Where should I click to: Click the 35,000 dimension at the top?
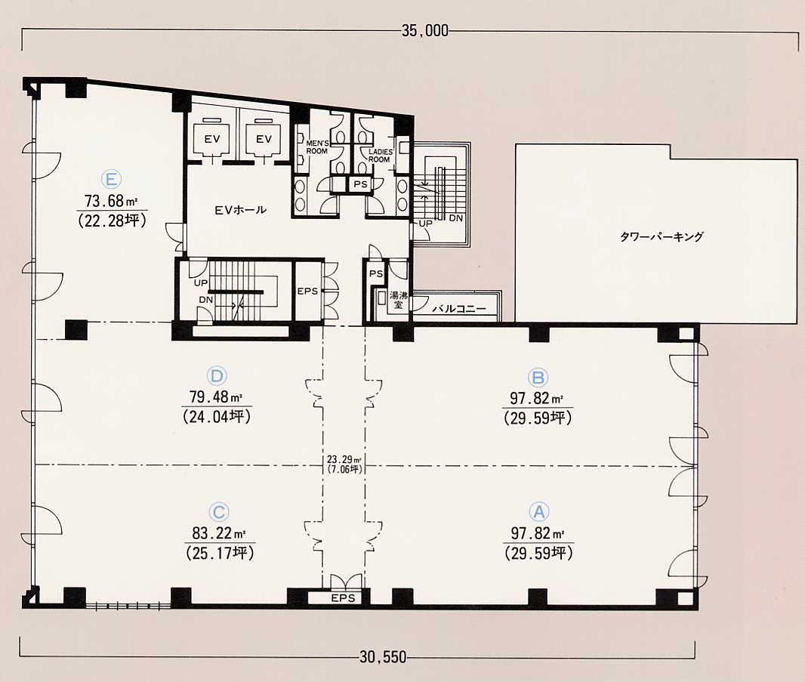[x=424, y=31]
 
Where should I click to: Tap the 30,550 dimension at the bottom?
[x=383, y=657]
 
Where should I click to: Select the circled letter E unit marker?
[x=112, y=180]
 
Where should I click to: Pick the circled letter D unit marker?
[x=217, y=376]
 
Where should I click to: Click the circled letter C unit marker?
[x=219, y=513]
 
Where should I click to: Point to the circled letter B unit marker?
[x=538, y=378]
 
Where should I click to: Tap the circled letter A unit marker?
[x=539, y=512]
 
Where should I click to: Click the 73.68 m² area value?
[x=111, y=200]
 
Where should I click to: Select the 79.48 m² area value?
[x=216, y=397]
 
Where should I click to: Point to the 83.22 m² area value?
[x=220, y=533]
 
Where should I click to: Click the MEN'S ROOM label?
[x=316, y=147]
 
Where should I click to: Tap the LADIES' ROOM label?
[x=381, y=156]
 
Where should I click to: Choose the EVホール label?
[x=241, y=209]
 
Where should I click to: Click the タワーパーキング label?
[x=662, y=236]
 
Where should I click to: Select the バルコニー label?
[x=459, y=309]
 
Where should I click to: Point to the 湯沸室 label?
[x=398, y=300]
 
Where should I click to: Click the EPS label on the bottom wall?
[x=343, y=598]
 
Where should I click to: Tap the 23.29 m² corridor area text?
[x=344, y=460]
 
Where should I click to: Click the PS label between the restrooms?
[x=360, y=184]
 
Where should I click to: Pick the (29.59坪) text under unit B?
[x=538, y=418]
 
